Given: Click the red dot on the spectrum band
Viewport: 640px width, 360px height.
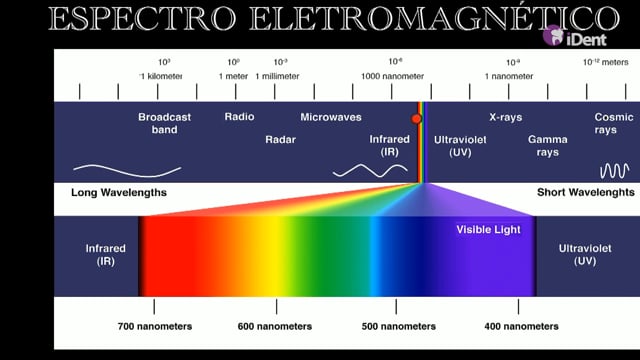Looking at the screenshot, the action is point(416,119).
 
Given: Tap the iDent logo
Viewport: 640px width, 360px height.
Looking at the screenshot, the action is point(575,36).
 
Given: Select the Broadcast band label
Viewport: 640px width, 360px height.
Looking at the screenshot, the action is point(164,123).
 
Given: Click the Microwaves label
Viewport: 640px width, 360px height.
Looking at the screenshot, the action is point(331,117).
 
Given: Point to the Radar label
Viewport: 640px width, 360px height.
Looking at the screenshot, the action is point(280,140).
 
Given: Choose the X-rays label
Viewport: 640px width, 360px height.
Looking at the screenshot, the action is point(506,118).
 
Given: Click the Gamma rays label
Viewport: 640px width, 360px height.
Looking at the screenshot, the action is point(548,146).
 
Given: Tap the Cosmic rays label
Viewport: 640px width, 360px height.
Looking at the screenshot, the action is point(613,123).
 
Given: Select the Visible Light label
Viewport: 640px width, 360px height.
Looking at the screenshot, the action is point(488,230).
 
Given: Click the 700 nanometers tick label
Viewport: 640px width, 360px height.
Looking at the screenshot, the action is point(155,327).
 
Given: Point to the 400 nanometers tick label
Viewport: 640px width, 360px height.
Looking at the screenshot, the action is point(521,327).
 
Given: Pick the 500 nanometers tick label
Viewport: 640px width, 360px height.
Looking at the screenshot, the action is point(398,327).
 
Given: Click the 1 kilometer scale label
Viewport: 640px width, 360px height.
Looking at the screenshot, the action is point(161,76).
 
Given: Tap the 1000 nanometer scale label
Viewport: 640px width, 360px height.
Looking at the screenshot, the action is point(392,76).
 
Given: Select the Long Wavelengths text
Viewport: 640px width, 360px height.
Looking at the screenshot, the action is point(119,193).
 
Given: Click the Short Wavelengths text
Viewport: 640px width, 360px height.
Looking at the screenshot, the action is point(586,193).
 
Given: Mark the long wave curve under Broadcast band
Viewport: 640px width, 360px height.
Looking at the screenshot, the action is point(127,172).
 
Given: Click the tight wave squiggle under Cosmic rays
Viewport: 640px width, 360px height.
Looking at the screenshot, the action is point(614,171).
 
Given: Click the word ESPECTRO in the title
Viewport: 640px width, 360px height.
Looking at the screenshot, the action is point(142,19).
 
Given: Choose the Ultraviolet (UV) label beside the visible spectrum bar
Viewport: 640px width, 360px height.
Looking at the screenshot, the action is point(585,255).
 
